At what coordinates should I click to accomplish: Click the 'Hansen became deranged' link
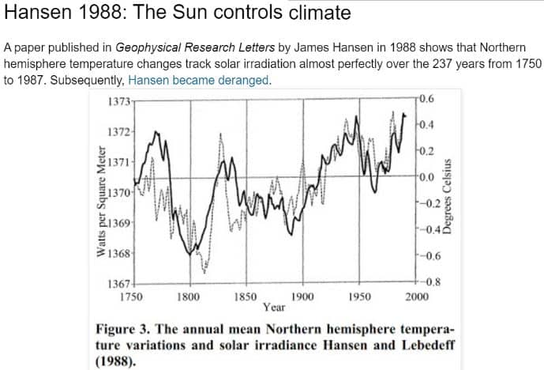(198, 81)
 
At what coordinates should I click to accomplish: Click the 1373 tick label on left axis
(118, 102)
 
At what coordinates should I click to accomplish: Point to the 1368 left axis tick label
(118, 253)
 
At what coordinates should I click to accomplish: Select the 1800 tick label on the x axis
(189, 297)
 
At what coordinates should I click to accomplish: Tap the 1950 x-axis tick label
(360, 297)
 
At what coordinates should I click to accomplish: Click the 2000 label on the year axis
(417, 297)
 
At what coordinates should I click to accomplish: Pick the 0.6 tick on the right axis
(426, 99)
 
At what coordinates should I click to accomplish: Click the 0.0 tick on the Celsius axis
(426, 177)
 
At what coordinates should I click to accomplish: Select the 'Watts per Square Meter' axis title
(101, 202)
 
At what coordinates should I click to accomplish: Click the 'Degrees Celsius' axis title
(447, 197)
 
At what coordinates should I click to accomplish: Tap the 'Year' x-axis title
(274, 308)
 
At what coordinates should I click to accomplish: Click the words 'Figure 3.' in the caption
(122, 330)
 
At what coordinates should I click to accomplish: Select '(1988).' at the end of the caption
(115, 362)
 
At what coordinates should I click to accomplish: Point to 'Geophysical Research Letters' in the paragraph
(195, 47)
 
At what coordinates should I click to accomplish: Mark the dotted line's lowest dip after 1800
(204, 273)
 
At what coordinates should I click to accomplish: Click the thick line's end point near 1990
(404, 115)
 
